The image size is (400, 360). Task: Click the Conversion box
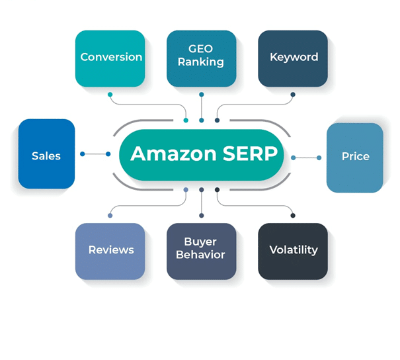click(110, 58)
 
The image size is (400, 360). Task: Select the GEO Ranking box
click(201, 58)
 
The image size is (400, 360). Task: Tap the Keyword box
click(293, 58)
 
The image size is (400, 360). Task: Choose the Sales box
click(46, 155)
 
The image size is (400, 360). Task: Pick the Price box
click(355, 157)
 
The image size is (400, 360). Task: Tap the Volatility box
click(293, 251)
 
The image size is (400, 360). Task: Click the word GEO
click(201, 49)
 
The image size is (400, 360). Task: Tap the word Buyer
click(200, 242)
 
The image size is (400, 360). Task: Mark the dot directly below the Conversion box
click(110, 95)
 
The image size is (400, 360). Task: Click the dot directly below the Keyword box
click(293, 95)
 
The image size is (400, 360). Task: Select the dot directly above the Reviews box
click(110, 215)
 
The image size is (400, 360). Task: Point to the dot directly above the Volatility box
click(293, 215)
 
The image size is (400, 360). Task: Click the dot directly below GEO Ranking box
click(201, 95)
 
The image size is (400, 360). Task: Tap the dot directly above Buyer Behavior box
click(201, 215)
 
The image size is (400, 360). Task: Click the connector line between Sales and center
click(95, 154)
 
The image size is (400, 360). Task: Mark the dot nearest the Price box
click(319, 157)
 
